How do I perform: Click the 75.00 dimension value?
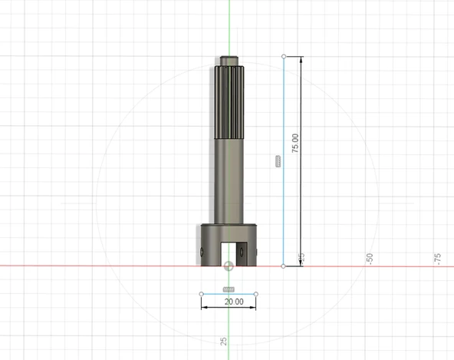click(x=294, y=144)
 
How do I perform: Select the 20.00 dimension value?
click(x=234, y=302)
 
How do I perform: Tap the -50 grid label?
click(x=370, y=258)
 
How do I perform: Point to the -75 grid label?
click(x=437, y=259)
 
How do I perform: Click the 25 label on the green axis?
click(x=223, y=341)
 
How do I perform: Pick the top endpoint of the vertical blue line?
click(x=284, y=56)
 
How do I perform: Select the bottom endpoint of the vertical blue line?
click(x=284, y=266)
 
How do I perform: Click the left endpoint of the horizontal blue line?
click(x=202, y=294)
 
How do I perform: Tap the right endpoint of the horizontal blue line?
click(x=256, y=294)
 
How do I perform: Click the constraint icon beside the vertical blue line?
click(x=278, y=161)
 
